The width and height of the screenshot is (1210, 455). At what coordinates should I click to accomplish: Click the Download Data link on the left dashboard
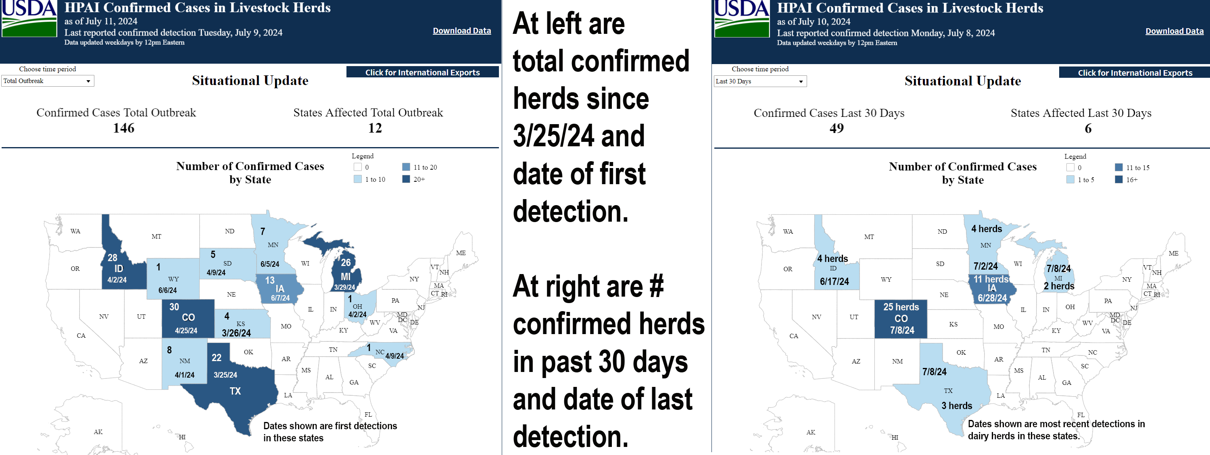point(462,31)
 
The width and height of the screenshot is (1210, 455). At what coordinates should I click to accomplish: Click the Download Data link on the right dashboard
point(1174,31)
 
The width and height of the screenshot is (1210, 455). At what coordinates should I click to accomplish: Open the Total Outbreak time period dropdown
point(48,81)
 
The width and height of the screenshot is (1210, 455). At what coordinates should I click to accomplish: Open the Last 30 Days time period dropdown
point(760,81)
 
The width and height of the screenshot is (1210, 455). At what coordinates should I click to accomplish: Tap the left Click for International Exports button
point(422,72)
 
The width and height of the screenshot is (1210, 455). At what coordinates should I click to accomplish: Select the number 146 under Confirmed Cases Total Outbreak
point(123,128)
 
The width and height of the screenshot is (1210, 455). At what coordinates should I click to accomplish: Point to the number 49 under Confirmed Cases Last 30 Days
point(837,128)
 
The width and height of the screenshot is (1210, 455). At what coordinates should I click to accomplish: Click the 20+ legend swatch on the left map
point(406,179)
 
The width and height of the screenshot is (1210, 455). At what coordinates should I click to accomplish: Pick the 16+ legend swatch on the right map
point(1118,179)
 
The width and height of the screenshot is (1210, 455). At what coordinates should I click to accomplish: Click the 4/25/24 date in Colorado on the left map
point(186,330)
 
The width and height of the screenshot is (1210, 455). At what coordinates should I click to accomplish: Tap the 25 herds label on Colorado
point(901,307)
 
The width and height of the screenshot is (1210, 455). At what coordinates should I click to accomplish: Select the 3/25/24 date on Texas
point(225,375)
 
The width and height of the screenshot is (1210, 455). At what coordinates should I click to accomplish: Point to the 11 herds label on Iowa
point(991,279)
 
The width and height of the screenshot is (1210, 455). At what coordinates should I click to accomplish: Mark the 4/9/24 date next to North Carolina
point(394,356)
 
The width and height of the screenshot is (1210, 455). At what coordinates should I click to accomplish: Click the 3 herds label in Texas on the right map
point(957,406)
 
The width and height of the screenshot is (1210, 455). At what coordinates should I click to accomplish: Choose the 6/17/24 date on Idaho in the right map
point(834,281)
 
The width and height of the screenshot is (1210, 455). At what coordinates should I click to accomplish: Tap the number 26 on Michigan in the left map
point(346,262)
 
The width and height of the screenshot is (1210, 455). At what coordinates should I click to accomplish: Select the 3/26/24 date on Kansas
point(236,333)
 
